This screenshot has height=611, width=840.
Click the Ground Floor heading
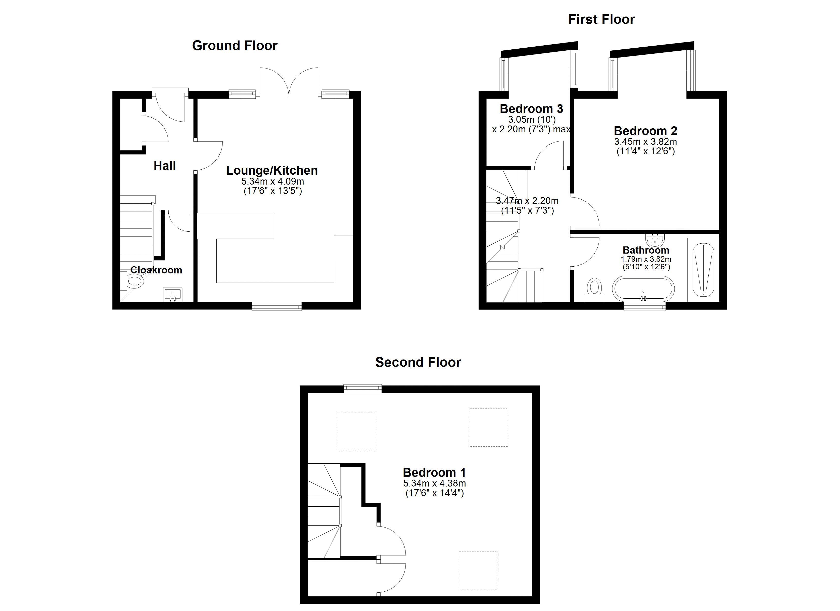234,46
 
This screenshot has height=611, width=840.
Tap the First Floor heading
601,19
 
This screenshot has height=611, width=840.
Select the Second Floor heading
418,362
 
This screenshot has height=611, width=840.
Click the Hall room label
164,166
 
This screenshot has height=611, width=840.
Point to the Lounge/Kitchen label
272,170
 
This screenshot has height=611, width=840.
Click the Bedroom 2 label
646,131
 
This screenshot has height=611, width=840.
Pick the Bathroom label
646,250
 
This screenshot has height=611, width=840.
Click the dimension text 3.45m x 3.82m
646,142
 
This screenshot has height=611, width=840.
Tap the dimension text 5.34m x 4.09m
273,182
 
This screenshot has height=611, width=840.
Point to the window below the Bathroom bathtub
645,306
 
